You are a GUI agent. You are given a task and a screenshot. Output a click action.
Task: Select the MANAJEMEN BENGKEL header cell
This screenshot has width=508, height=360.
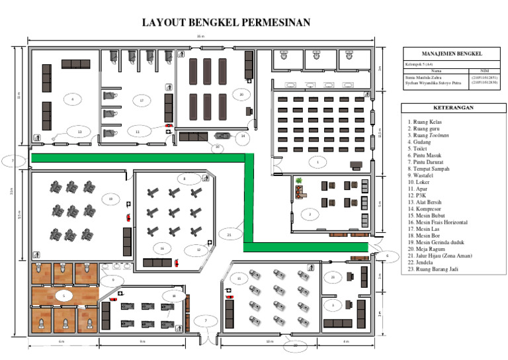[452, 53]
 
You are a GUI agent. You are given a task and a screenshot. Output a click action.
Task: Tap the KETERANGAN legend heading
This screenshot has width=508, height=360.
[452, 107]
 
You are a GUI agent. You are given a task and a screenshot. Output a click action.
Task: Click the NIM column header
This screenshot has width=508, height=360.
[485, 69]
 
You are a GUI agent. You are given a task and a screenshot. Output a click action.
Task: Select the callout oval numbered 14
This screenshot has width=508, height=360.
[243, 136]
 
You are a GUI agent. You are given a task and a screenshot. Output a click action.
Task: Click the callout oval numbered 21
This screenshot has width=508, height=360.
[229, 234]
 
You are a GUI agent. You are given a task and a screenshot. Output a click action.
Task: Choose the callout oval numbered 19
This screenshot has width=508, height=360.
[111, 199]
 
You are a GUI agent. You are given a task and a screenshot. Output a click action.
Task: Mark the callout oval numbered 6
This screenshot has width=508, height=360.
[388, 255]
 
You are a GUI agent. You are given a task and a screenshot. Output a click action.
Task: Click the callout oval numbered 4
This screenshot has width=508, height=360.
[72, 99]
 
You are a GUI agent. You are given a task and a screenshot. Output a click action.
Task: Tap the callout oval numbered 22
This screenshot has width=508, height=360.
[296, 345]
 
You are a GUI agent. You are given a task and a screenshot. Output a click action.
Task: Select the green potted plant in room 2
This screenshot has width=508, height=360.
[299, 180]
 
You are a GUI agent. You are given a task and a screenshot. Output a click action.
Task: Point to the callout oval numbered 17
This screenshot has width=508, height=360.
[142, 101]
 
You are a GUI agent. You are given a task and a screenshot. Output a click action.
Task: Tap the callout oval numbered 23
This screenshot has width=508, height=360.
[333, 277]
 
